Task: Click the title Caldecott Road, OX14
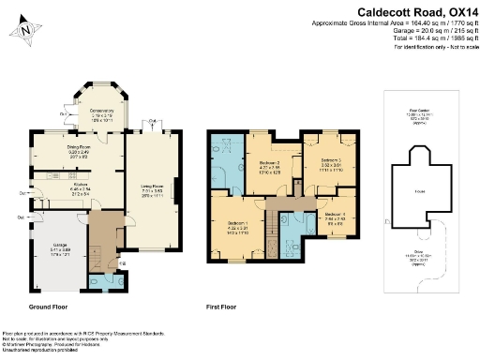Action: pos(417,12)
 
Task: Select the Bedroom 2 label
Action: pos(269,167)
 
